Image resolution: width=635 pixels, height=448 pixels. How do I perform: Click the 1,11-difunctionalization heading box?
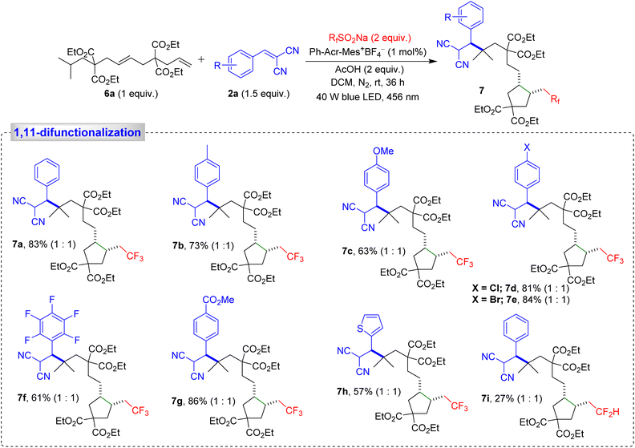(77, 132)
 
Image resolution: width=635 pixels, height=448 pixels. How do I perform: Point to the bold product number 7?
(482, 91)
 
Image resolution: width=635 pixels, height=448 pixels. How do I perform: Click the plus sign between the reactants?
(201, 59)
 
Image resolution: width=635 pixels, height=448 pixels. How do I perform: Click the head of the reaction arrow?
(427, 61)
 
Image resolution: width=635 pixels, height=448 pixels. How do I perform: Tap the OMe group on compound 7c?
(383, 151)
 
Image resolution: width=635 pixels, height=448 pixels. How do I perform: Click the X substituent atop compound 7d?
(527, 148)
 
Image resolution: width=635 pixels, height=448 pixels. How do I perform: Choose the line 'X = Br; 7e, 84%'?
(520, 300)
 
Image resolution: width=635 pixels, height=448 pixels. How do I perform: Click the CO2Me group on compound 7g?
(219, 300)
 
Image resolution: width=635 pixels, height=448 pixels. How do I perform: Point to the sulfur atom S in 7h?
(361, 329)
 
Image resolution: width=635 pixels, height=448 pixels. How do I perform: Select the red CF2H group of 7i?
(608, 412)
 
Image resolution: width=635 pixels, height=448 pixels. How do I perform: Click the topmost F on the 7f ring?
(52, 300)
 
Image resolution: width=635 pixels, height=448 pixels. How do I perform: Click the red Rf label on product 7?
(555, 99)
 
